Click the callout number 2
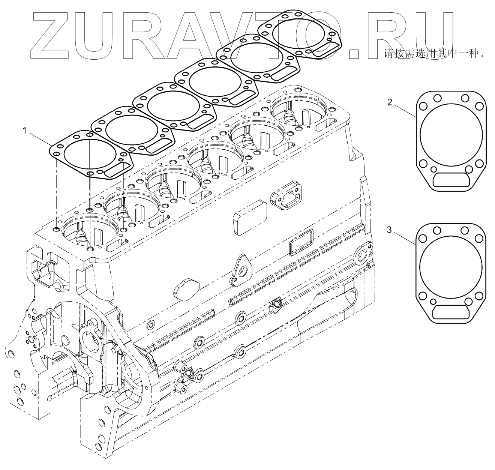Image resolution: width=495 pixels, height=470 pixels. click(x=390, y=102)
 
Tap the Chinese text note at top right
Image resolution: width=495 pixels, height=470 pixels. click(x=433, y=54)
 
